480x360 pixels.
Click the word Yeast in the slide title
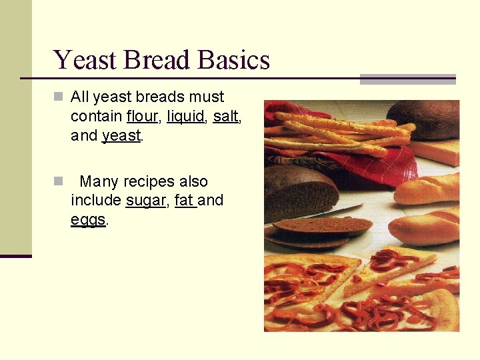[x=81, y=60]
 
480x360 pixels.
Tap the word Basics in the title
[x=234, y=60]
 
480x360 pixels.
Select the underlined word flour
[x=141, y=117]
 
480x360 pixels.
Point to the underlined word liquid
[x=185, y=117]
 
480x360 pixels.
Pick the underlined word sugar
[x=145, y=201]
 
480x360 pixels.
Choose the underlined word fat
[x=184, y=200]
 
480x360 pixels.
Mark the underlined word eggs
[x=88, y=220]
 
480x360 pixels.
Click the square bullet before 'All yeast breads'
[x=59, y=97]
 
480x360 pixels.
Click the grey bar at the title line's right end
[x=407, y=79]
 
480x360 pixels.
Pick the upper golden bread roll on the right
[x=427, y=189]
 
